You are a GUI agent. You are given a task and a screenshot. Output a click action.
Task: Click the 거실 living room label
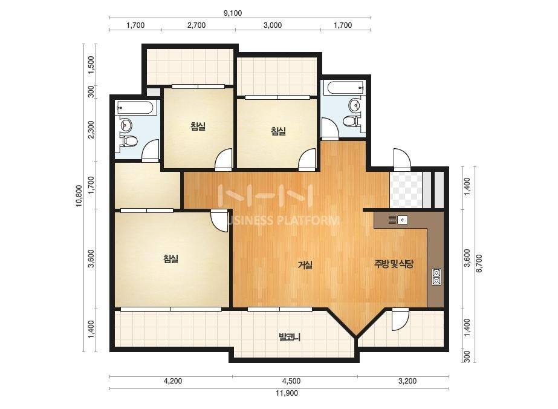point(305,265)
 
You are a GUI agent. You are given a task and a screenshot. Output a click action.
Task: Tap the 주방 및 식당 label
point(394,264)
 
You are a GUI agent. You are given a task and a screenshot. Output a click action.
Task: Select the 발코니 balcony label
point(290,336)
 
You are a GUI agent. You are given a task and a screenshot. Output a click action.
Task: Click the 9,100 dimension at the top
point(233,13)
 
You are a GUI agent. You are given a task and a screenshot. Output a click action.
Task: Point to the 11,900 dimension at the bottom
point(287,393)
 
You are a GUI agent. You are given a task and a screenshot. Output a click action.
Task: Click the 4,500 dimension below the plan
point(291,381)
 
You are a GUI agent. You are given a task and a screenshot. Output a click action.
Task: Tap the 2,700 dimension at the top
point(196,25)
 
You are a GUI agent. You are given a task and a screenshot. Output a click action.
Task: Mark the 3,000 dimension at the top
point(273,25)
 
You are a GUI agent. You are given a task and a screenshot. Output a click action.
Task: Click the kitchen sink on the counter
point(402,220)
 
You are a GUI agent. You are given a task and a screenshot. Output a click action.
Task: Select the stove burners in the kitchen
point(436,277)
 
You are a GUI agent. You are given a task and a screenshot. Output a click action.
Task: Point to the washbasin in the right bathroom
point(355,105)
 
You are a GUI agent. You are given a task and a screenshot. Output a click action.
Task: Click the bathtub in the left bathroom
point(137,108)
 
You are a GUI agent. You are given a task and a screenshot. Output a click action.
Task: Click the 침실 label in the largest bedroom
point(171,259)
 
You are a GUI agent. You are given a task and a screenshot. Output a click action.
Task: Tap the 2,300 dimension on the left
point(91,129)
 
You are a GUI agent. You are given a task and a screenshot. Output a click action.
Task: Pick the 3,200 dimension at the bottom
point(407,381)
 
